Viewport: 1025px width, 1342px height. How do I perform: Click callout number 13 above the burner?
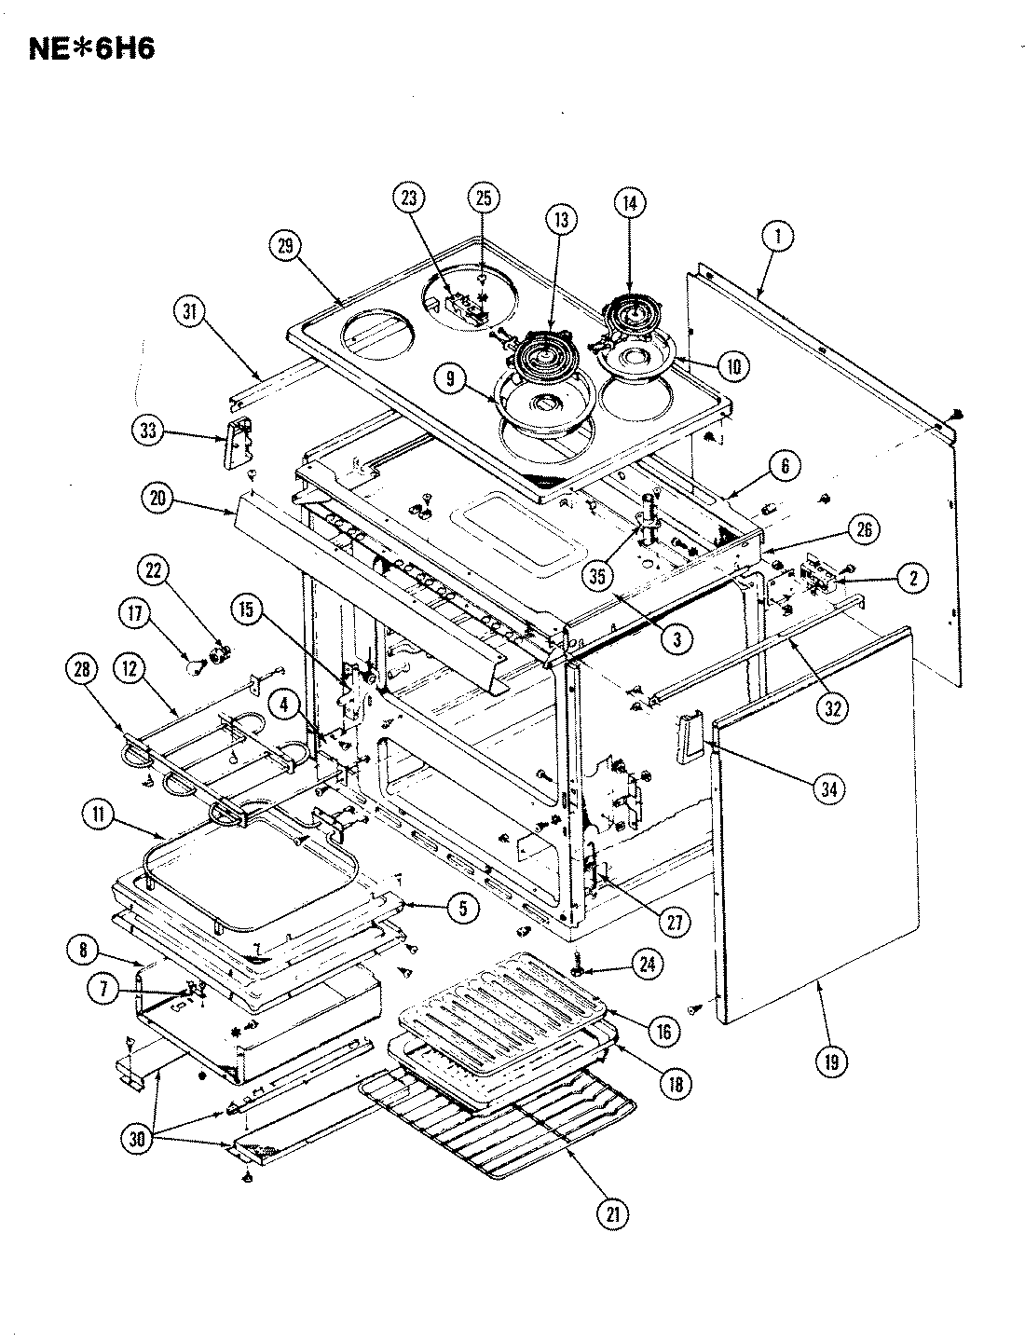click(x=562, y=221)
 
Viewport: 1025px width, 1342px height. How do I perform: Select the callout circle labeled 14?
click(x=630, y=203)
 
